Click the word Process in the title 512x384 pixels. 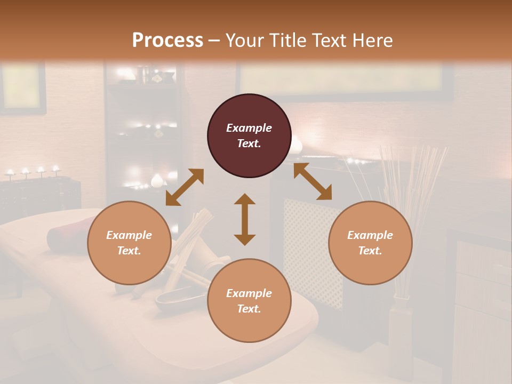coord(167,41)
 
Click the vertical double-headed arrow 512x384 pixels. coord(245,219)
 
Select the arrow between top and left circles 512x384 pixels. coord(185,187)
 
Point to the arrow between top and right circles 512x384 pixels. coord(313,181)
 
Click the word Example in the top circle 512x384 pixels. coord(249,128)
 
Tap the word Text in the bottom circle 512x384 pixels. coord(249,309)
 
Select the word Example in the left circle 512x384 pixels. coord(129,235)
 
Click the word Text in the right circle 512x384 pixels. coord(370,251)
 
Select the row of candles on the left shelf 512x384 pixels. coord(32,172)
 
